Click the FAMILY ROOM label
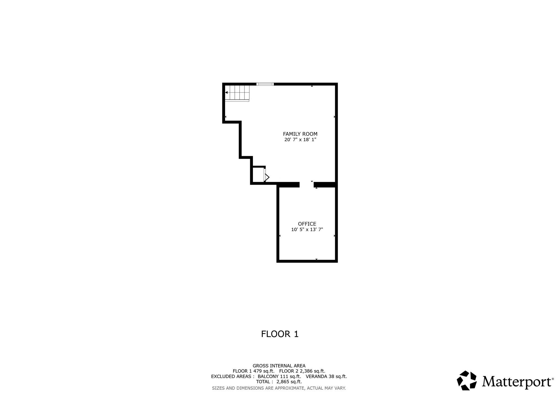click(300, 134)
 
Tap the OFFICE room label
click(307, 224)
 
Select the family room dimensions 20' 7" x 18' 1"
click(300, 140)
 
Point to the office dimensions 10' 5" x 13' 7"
click(307, 230)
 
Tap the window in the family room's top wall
click(265, 84)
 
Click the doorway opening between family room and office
click(307, 185)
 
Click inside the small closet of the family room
click(258, 174)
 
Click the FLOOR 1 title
click(280, 334)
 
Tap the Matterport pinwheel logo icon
click(467, 380)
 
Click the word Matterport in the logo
click(517, 382)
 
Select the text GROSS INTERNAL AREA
click(279, 366)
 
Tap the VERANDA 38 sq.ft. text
click(326, 376)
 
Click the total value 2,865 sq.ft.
click(289, 382)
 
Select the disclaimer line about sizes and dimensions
click(279, 388)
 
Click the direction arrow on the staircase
click(226, 93)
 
